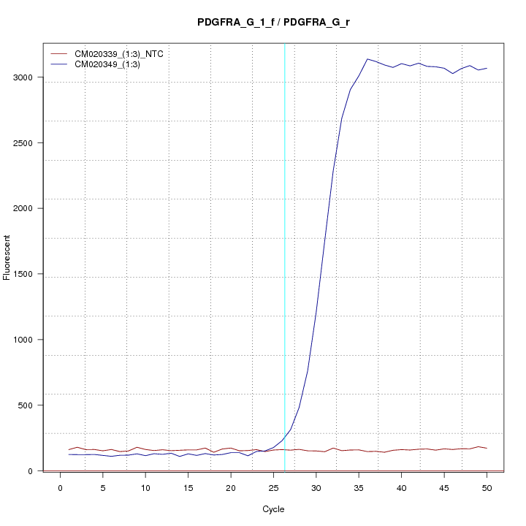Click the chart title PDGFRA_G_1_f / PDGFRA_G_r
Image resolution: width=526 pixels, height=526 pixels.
(x=273, y=22)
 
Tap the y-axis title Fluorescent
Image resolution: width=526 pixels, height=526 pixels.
(x=7, y=257)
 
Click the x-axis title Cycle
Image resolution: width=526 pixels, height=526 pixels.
(x=272, y=509)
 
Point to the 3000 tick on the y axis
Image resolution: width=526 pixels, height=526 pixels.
(x=28, y=77)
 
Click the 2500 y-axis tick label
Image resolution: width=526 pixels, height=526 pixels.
(x=28, y=143)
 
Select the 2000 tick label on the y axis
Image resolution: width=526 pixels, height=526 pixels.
(x=28, y=209)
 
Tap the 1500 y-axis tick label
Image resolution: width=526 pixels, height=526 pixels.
(x=28, y=275)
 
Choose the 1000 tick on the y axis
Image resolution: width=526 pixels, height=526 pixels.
(x=28, y=340)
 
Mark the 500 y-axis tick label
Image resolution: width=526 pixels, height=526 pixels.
(x=29, y=405)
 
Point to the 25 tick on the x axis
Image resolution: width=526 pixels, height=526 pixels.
(x=273, y=487)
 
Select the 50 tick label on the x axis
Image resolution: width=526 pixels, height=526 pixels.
(x=487, y=487)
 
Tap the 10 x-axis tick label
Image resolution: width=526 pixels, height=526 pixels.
(x=145, y=487)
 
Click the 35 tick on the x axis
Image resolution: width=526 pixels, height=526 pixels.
(x=359, y=487)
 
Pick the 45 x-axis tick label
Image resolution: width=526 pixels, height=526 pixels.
(x=444, y=487)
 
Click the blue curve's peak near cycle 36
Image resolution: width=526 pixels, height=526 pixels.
(x=367, y=59)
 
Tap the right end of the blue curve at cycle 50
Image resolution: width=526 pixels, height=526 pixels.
(x=487, y=68)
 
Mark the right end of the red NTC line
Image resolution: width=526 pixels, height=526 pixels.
(x=487, y=448)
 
